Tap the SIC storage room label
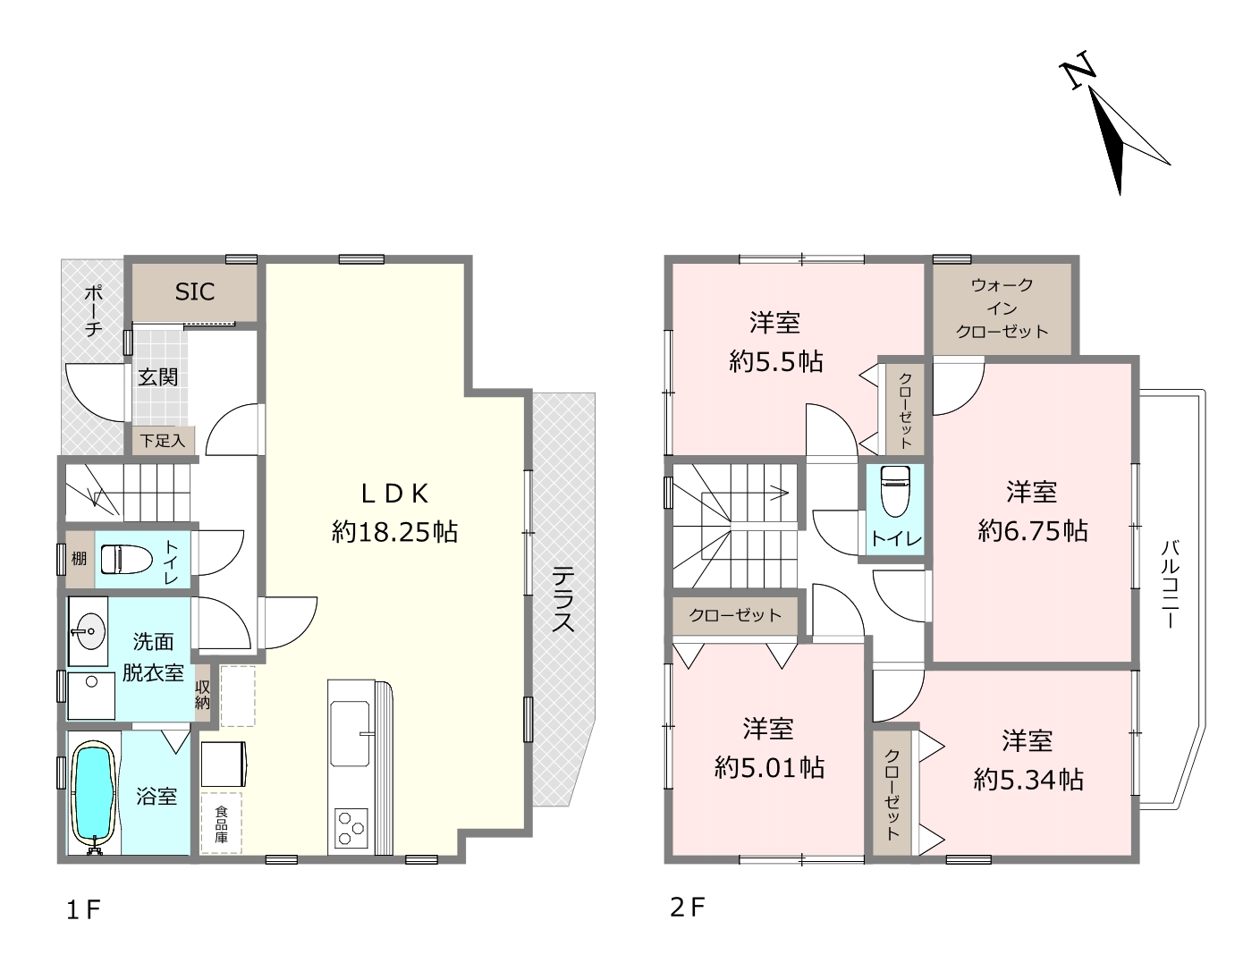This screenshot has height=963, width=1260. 195,291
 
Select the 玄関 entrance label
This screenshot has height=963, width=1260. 158,377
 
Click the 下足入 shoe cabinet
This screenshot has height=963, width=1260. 163,441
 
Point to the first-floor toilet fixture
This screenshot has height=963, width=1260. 126,560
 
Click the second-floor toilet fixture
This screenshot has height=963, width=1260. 895,491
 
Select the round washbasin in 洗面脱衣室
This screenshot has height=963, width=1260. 90,631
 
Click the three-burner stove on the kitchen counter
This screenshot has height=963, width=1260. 351,828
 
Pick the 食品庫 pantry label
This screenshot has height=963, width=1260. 221,824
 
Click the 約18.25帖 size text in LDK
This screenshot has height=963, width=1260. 394,533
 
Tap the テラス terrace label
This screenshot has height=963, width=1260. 563,599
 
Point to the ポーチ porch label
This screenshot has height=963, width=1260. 93,310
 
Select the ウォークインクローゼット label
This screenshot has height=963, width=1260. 1002,308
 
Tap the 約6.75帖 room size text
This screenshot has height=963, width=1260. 1033,531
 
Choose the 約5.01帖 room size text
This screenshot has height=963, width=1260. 769,768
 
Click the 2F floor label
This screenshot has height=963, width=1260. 687,908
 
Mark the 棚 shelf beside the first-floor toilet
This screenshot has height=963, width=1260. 80,559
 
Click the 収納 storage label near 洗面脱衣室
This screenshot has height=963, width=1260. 203,695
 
